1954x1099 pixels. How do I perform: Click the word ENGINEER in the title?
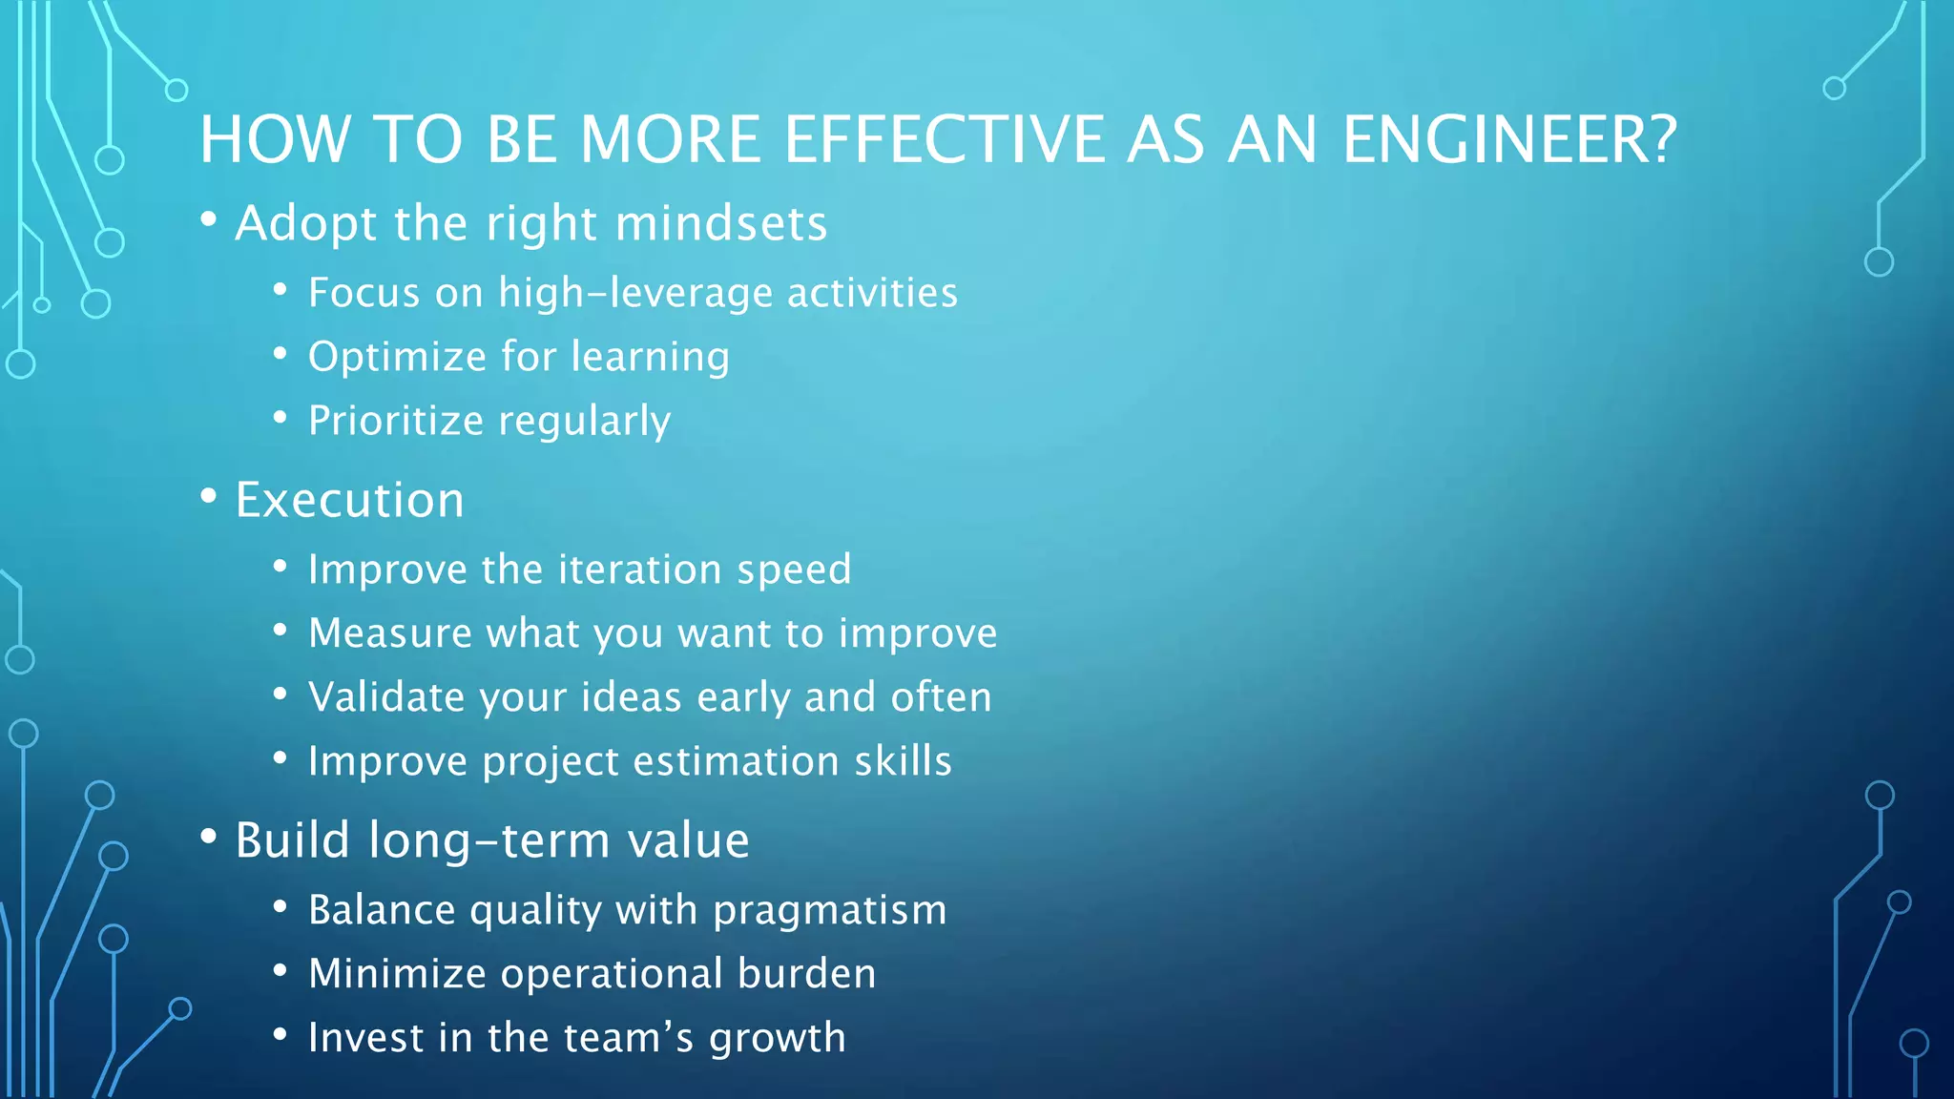coord(1495,140)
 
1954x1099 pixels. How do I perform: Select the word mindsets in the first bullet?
coord(721,224)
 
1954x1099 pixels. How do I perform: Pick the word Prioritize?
coord(396,421)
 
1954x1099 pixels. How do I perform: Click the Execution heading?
coord(349,500)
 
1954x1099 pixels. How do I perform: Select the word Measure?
coord(390,633)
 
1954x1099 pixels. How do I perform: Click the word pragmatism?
coord(830,911)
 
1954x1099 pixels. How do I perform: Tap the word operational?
coord(612,974)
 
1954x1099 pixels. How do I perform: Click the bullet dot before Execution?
coord(209,496)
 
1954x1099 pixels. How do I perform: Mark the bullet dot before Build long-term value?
coord(209,837)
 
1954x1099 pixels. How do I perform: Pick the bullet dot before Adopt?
coord(209,220)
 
